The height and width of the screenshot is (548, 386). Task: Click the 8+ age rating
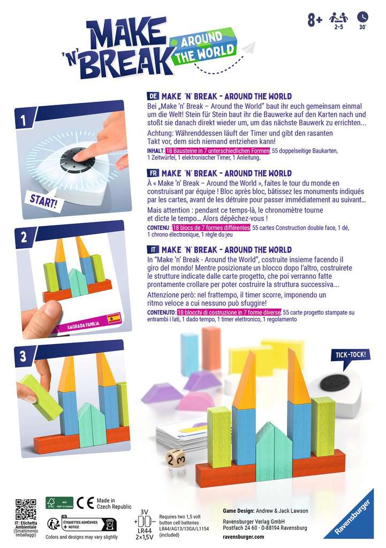tap(315, 20)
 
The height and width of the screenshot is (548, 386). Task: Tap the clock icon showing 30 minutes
tap(362, 17)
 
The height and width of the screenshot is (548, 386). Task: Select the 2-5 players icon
tap(338, 18)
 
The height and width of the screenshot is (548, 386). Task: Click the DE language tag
tap(153, 96)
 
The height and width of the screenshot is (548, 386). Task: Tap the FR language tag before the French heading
tap(153, 173)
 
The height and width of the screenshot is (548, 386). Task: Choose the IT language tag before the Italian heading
tap(153, 250)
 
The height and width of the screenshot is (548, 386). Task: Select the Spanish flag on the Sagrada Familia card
tap(114, 319)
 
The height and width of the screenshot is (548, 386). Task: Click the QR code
tap(26, 509)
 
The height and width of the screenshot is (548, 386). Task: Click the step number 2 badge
tap(24, 237)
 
